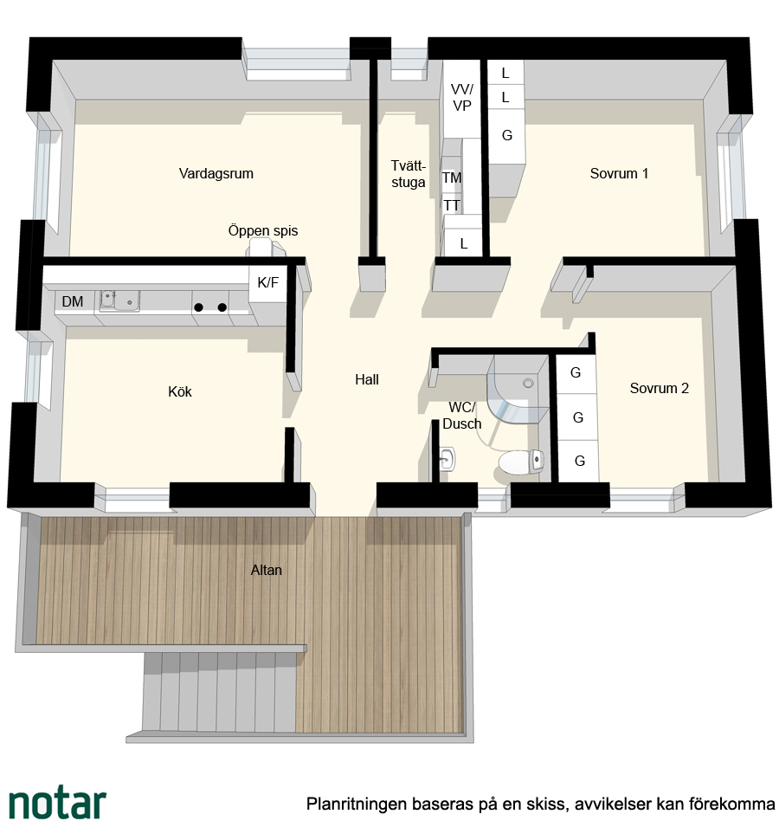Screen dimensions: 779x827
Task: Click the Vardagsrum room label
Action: click(216, 173)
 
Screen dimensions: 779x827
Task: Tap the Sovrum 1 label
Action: click(619, 173)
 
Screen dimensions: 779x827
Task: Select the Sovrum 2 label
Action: click(659, 388)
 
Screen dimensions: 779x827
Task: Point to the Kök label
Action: click(180, 391)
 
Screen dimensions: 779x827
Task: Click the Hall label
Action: click(367, 379)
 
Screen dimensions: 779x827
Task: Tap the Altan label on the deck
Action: click(267, 570)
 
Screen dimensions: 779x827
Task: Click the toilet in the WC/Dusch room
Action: click(521, 462)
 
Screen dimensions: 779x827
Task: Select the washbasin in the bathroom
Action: click(447, 459)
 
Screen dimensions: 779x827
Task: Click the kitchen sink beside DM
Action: click(119, 300)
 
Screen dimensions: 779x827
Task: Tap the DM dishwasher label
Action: click(72, 301)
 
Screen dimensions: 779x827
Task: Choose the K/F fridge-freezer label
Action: click(267, 282)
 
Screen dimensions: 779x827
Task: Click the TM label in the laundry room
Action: click(452, 178)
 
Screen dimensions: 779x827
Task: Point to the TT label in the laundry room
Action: click(452, 205)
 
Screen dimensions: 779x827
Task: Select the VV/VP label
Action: click(461, 98)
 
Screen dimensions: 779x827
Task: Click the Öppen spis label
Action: click(263, 230)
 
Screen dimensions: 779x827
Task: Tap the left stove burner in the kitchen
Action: click(199, 307)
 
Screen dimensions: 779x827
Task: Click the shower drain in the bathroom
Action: click(528, 384)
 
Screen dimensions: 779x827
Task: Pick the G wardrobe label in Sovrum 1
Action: click(506, 136)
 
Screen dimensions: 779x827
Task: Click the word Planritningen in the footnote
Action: click(357, 804)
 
